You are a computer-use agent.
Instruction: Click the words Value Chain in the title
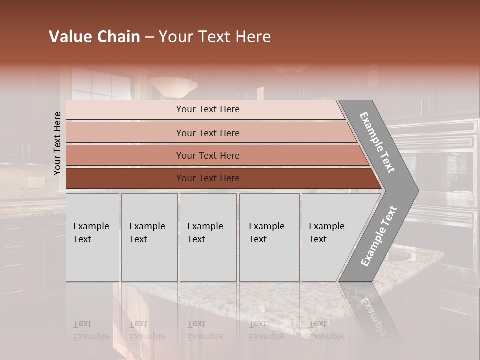[94, 37]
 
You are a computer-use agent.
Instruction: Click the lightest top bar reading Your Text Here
[208, 109]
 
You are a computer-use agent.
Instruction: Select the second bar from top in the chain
[208, 133]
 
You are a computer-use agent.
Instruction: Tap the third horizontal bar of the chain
[208, 155]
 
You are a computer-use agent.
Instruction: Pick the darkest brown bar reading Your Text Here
[208, 178]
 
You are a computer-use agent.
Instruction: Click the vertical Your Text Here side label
[57, 143]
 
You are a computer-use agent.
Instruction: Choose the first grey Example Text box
[92, 237]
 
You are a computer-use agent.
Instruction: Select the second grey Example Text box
[149, 237]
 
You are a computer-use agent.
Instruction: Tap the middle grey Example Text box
[208, 237]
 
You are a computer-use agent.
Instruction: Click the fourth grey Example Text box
[269, 237]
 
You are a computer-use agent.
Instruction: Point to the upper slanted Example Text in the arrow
[377, 143]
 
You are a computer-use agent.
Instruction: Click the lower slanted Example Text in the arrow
[379, 236]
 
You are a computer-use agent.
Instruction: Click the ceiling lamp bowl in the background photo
[173, 87]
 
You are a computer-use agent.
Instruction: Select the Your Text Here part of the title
[215, 37]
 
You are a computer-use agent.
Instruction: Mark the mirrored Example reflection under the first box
[91, 336]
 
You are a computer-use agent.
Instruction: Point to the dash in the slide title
[149, 37]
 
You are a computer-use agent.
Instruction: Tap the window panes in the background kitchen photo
[102, 85]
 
